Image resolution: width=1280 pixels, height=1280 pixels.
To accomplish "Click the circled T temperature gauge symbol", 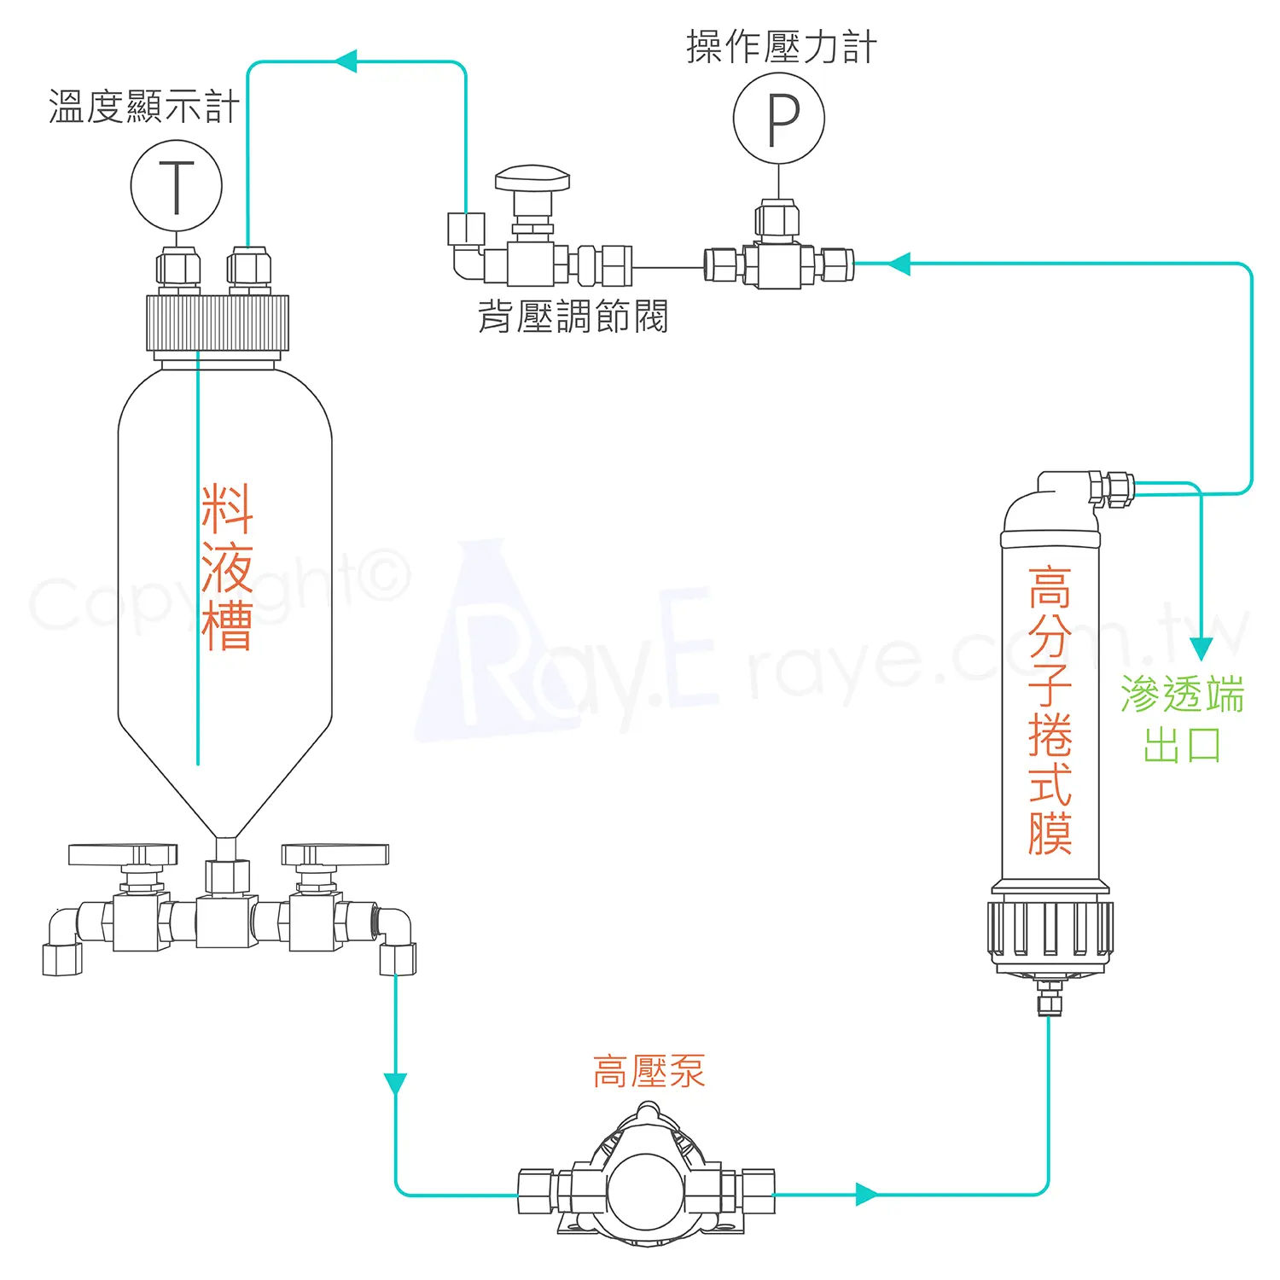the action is pos(177,186).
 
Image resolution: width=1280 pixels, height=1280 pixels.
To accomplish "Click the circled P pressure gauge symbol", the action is pos(778,119).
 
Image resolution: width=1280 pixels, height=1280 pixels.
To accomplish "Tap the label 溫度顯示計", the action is pos(144,108).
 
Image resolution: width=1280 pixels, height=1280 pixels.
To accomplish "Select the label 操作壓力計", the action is pos(782,47).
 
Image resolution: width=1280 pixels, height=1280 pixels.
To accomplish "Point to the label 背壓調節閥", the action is pos(573,316).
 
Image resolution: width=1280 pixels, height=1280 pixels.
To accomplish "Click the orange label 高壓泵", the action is pos(649,1071).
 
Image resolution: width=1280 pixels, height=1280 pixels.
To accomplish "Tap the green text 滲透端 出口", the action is pos(1183,719).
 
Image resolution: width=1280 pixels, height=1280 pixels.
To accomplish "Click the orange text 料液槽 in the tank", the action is pos(227,567).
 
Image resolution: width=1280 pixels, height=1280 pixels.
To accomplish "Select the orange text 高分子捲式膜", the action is pos(1050,710).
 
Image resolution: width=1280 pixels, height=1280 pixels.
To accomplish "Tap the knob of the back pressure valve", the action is pos(532,179).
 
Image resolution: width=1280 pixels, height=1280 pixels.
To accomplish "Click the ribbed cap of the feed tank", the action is pos(218,323).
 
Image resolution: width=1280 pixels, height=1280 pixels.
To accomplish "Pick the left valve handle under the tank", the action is pos(123,854).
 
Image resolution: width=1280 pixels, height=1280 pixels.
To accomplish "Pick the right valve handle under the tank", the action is pos(335,854).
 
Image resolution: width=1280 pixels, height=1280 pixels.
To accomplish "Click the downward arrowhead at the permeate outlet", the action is pos(1201,649).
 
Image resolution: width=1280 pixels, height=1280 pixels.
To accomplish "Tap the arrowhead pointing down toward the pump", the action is pos(395,1084).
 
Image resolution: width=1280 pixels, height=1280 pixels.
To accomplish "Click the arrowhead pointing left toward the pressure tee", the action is pos(899,264).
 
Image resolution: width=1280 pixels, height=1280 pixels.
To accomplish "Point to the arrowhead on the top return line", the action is pos(345,61).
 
